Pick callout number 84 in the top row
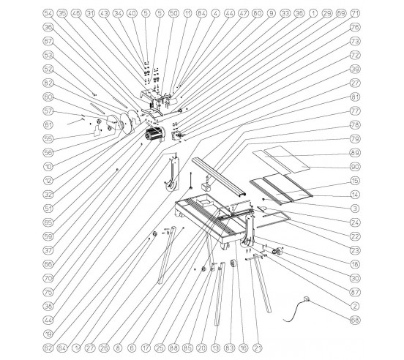(x=201, y=13)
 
